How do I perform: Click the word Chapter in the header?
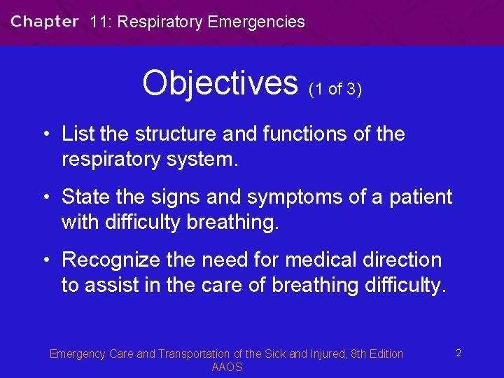(x=44, y=21)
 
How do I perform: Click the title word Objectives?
(x=220, y=83)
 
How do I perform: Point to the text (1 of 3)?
(x=335, y=89)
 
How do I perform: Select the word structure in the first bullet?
(x=179, y=133)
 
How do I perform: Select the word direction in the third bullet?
(x=407, y=260)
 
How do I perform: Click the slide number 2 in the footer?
(x=458, y=353)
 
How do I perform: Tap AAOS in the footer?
(x=227, y=367)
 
